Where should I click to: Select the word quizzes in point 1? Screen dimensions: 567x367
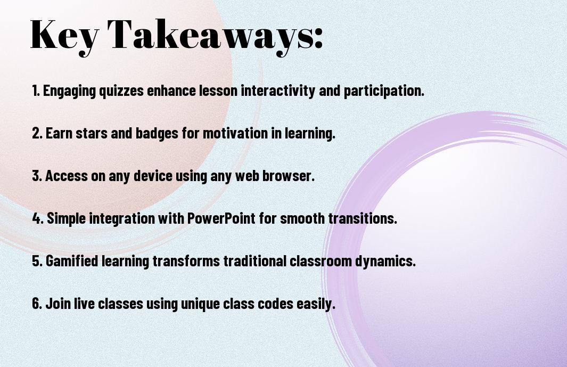click(121, 91)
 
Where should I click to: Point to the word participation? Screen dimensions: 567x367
click(384, 91)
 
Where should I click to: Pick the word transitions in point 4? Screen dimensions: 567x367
click(363, 218)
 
